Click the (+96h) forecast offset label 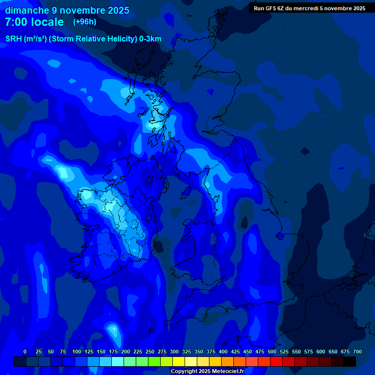84,22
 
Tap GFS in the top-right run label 271,8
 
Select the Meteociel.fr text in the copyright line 227,371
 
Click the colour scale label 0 25,352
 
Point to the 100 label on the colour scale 77,352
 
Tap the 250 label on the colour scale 150,352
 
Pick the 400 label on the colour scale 223,352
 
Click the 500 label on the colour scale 272,352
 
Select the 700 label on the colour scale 357,352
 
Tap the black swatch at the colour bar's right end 350,362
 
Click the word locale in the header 48,22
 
